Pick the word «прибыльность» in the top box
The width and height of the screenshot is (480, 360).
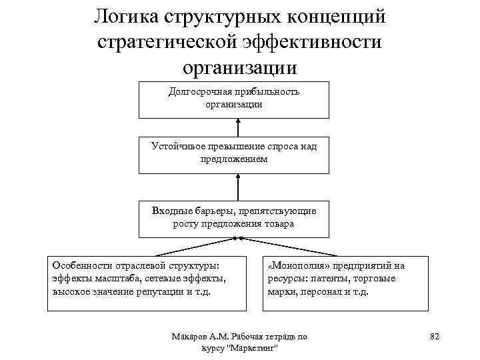click(x=263, y=92)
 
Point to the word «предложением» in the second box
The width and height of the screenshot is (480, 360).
click(x=233, y=159)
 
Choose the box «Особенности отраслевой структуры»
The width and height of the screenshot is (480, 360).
click(x=148, y=283)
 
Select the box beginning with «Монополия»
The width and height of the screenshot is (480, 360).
click(x=345, y=283)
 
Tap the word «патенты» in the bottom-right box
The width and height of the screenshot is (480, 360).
click(x=327, y=279)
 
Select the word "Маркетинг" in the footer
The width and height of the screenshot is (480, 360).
click(x=253, y=349)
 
